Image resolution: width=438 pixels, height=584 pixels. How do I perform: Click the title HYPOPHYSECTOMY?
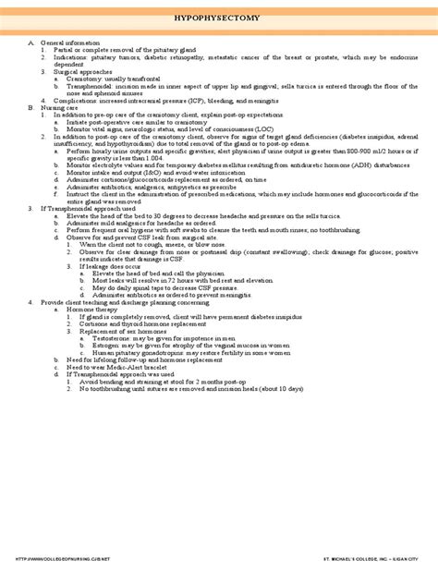(218, 18)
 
